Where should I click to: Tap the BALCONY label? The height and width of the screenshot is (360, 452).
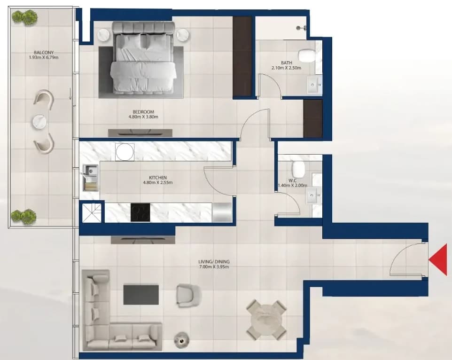tap(44, 53)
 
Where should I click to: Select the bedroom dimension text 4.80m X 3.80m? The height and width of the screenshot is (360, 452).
tap(143, 117)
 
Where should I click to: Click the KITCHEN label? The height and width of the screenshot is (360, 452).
tap(158, 178)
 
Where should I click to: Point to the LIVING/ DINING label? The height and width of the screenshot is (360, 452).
tap(214, 262)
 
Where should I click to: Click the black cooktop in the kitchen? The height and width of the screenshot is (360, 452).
tap(140, 213)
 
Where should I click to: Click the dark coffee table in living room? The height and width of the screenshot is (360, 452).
tap(141, 295)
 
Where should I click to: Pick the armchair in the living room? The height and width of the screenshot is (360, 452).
tap(187, 295)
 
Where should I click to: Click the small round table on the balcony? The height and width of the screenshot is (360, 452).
tap(40, 121)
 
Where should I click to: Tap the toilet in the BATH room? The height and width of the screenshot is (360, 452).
tap(307, 55)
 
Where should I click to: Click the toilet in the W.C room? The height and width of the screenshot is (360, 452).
tap(298, 170)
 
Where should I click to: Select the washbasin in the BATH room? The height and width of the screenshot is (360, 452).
tap(314, 85)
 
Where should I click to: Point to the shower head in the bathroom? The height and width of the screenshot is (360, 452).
tap(301, 28)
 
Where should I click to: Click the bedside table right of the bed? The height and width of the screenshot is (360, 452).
tap(183, 35)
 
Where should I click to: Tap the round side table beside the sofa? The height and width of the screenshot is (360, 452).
tap(182, 340)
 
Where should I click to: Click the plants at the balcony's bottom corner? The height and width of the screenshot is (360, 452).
tap(23, 216)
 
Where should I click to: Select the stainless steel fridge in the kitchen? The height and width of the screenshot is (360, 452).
tap(222, 212)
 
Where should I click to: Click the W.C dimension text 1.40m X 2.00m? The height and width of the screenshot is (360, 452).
tap(292, 185)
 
